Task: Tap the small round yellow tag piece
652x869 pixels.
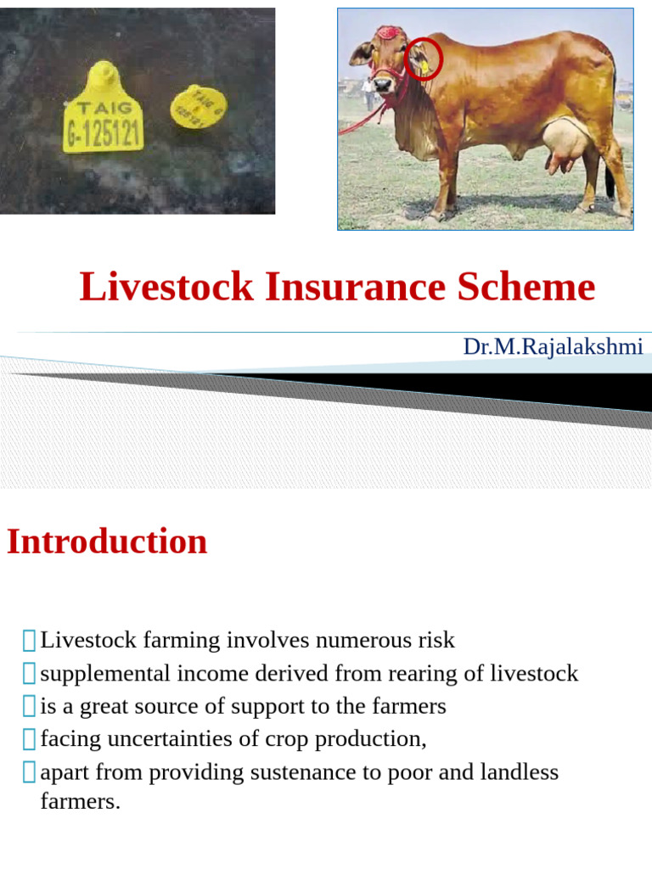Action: coord(198,107)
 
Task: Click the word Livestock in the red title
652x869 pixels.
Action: coord(166,287)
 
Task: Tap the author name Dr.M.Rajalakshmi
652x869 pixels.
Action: coord(553,346)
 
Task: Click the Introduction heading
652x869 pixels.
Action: coord(107,541)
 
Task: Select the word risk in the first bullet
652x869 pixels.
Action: coord(436,640)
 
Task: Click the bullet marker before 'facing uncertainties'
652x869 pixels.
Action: coord(30,739)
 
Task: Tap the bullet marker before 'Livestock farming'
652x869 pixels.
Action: coord(30,641)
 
